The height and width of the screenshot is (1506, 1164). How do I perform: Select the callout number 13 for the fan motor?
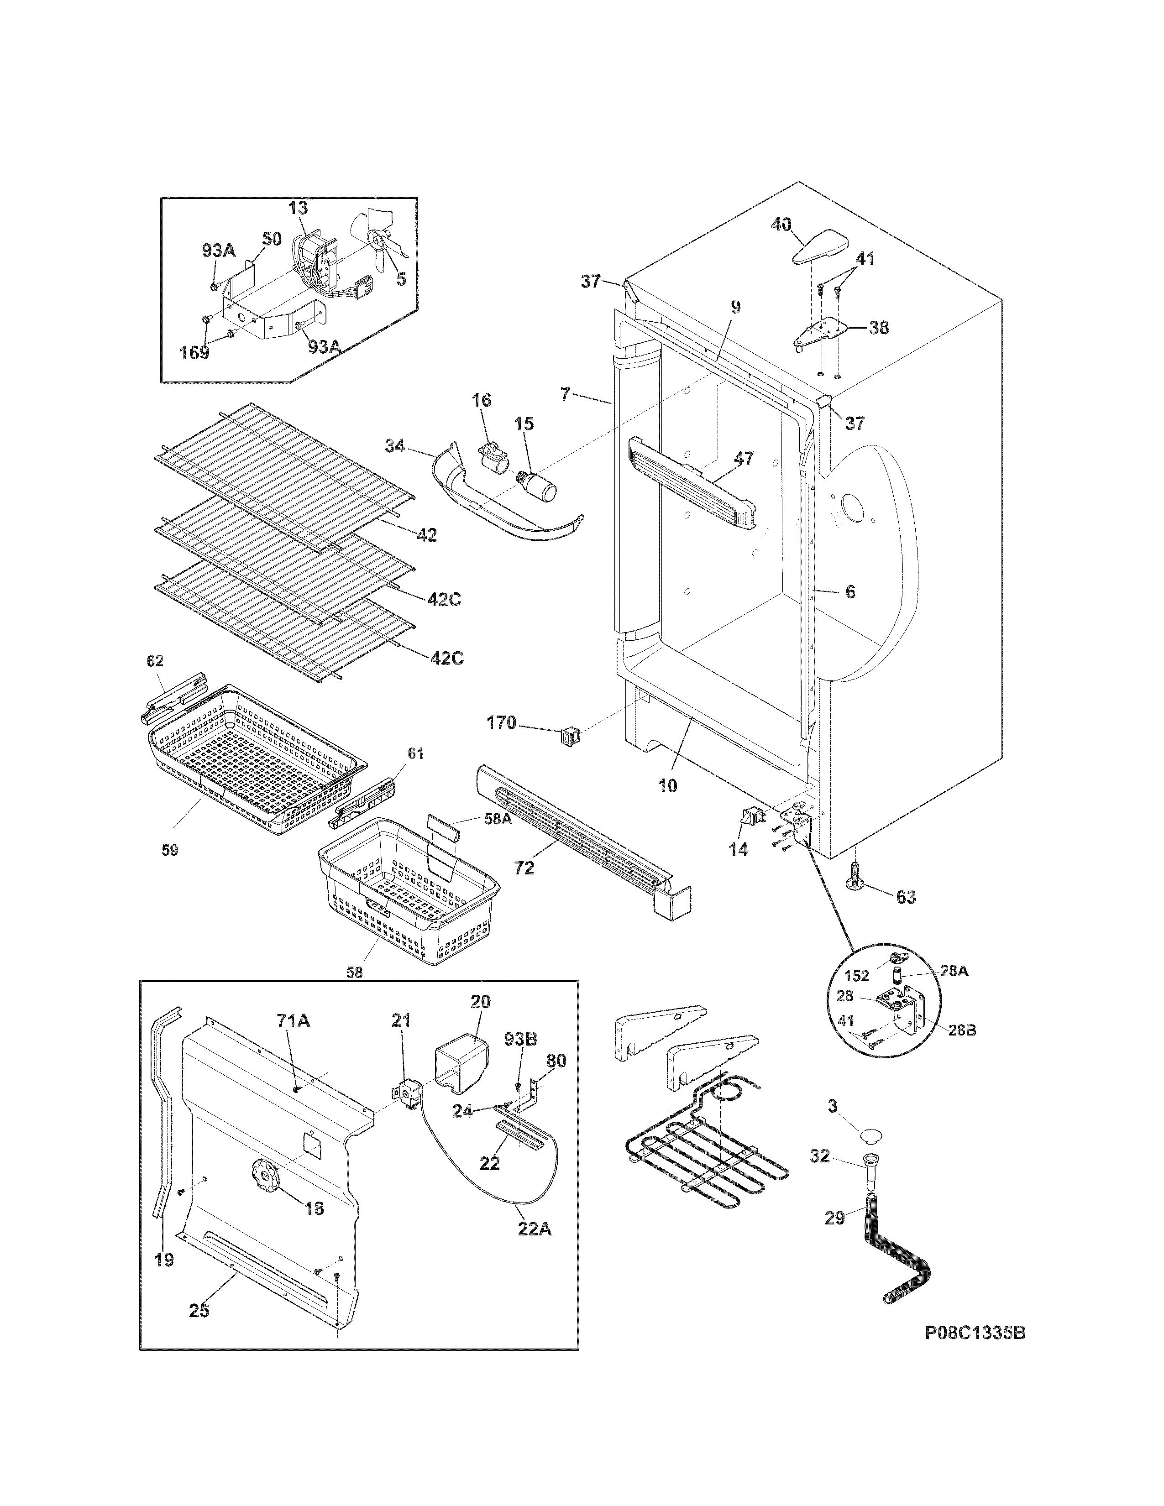click(x=298, y=208)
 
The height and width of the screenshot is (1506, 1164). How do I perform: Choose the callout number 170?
click(x=501, y=723)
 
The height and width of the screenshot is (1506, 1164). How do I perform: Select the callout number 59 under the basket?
click(x=170, y=850)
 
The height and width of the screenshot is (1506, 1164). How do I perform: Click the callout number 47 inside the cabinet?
click(x=744, y=458)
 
